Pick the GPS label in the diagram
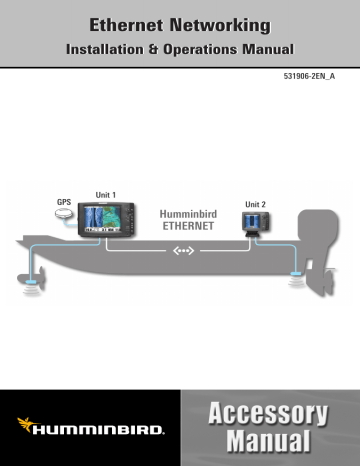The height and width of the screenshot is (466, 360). click(63, 201)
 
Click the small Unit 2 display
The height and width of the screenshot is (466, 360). click(257, 226)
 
